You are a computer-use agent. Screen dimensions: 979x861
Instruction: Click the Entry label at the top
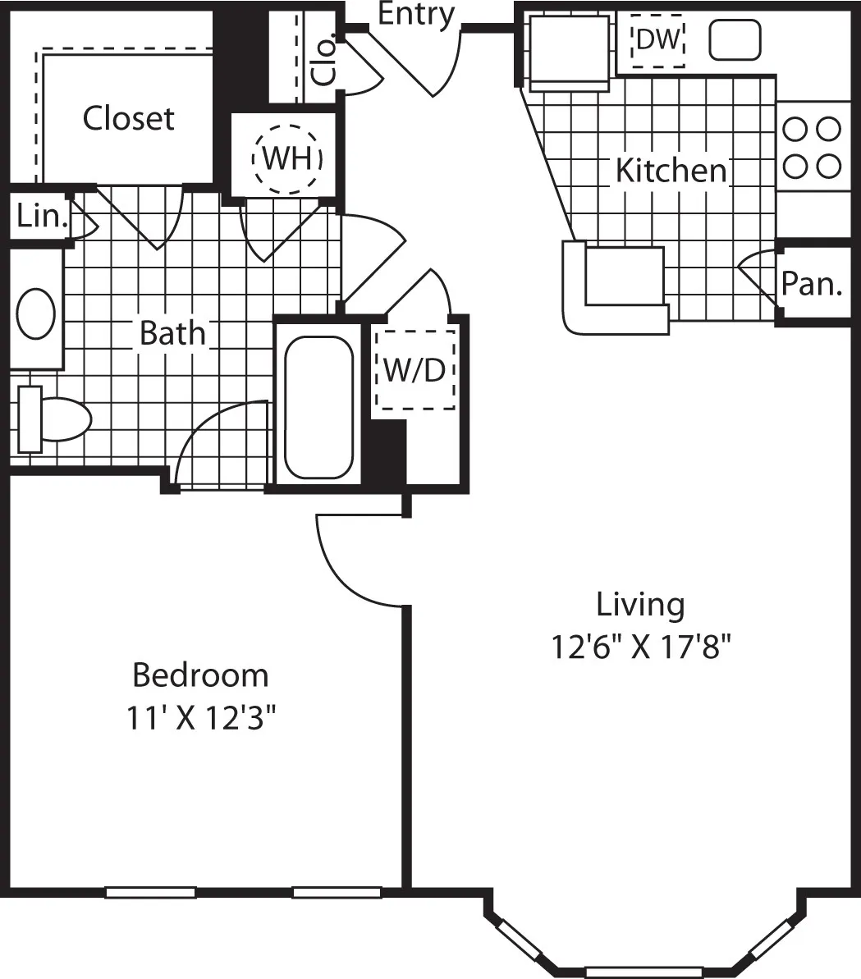(416, 14)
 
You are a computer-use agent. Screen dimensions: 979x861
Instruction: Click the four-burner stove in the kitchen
(813, 147)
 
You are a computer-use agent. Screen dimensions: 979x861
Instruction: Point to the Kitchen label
(671, 171)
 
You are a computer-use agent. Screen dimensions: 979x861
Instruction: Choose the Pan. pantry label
(811, 284)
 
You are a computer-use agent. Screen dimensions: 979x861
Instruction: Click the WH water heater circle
(287, 158)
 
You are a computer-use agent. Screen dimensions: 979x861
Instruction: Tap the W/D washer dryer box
(414, 370)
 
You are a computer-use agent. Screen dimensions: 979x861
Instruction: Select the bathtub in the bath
(318, 407)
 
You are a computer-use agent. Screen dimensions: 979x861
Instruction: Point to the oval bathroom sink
(36, 313)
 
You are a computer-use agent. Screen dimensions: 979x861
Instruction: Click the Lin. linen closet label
(39, 217)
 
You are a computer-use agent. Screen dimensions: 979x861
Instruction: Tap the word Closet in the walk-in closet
(128, 118)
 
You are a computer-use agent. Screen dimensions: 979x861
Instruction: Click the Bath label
(172, 333)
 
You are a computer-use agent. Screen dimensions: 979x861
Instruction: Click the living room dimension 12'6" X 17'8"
(640, 647)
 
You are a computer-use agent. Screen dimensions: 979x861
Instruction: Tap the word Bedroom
(200, 675)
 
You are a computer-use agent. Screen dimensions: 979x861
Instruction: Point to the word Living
(640, 604)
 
